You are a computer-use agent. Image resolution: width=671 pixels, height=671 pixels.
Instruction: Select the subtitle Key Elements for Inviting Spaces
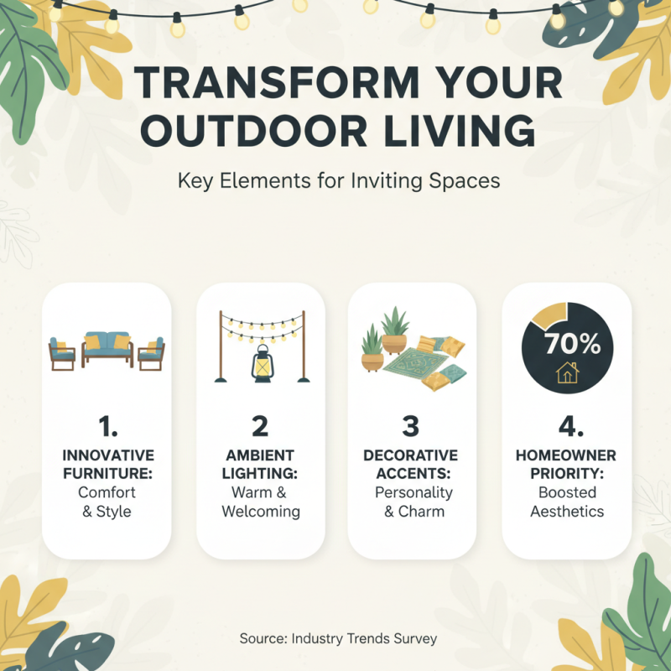point(339,181)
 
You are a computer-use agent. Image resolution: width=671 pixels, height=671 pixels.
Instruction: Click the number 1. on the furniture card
point(107,427)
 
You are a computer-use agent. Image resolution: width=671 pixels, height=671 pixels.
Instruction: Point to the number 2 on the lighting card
point(260,427)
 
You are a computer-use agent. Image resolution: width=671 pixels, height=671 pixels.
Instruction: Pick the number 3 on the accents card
point(410,427)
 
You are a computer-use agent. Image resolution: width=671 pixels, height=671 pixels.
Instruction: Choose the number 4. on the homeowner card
point(566,427)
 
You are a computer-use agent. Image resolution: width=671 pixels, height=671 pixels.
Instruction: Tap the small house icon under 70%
point(568,372)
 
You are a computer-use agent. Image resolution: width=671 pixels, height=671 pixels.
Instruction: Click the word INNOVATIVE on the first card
point(107,455)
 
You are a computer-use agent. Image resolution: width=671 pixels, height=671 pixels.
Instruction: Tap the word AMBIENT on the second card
point(261,455)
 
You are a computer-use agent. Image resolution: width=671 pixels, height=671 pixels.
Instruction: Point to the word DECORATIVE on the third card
point(410,455)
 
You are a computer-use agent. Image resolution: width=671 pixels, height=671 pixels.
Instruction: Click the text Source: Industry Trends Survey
point(338,638)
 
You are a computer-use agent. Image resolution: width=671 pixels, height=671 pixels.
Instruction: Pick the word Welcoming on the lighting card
point(261,512)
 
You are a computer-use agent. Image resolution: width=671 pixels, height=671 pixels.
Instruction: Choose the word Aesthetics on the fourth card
point(566,512)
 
